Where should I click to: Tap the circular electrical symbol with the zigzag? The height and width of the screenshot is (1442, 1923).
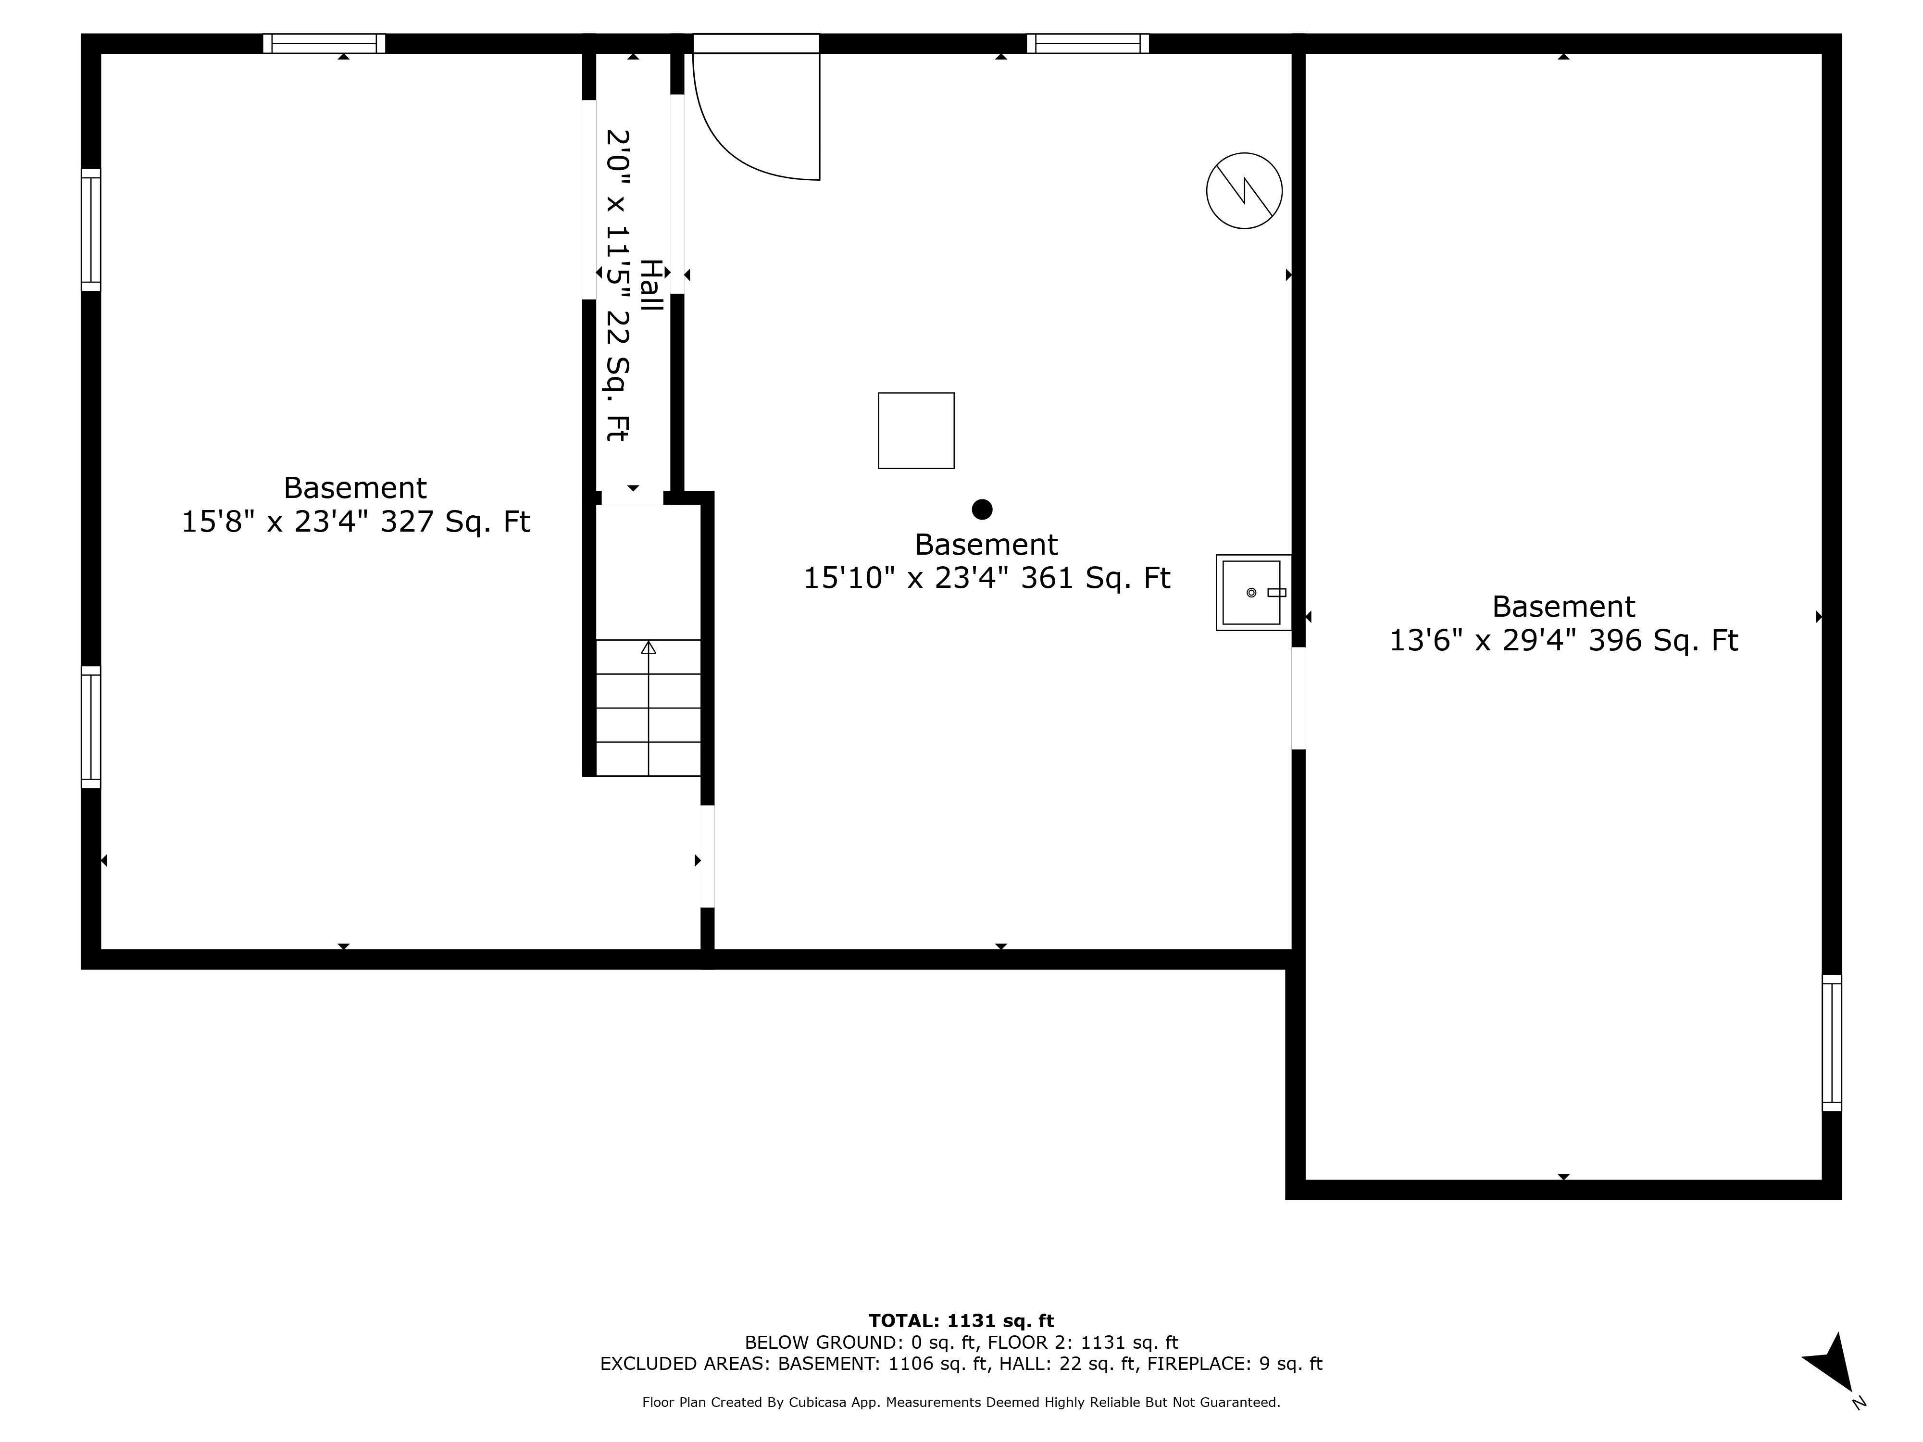click(x=1244, y=190)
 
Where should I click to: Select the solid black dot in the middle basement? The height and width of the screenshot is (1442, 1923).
click(x=982, y=510)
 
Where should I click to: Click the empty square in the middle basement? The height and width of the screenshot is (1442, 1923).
click(x=915, y=430)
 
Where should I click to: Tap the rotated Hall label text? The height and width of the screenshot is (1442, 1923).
click(x=651, y=285)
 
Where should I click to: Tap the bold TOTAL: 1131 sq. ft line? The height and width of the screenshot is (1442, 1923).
click(x=961, y=1321)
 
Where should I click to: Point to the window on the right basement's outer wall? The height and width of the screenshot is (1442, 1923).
click(x=1831, y=1042)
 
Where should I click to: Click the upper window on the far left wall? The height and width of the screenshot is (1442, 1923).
click(x=90, y=229)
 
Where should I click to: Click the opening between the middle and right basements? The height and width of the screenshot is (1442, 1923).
click(x=1298, y=698)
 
